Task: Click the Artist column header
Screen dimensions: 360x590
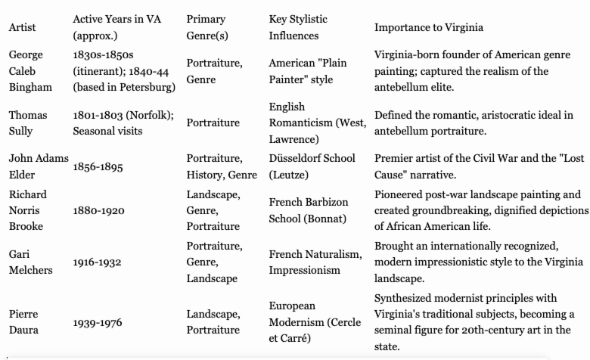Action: (22, 28)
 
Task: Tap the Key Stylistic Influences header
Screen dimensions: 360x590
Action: (298, 27)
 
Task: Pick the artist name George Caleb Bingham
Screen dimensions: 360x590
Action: (26, 71)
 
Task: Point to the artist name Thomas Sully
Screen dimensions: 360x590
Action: (27, 123)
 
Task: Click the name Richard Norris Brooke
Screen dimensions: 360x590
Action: (28, 210)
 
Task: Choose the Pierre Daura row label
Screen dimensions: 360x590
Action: (25, 321)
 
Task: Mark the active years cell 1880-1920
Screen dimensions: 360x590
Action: (98, 210)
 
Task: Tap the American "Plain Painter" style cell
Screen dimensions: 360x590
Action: (307, 71)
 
